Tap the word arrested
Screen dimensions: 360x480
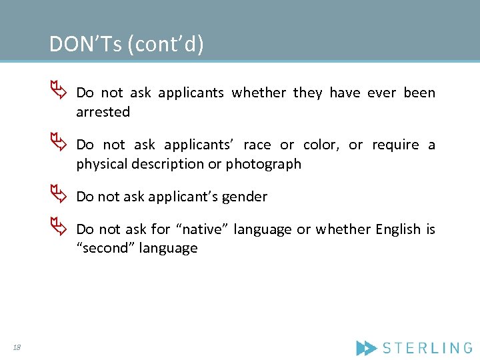(x=103, y=112)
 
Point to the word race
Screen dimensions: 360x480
(x=257, y=145)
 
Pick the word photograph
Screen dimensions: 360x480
(x=263, y=164)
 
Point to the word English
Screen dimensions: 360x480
(x=398, y=229)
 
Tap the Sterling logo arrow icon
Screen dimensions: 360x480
(x=366, y=347)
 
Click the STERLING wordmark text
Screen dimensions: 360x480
(x=427, y=347)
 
